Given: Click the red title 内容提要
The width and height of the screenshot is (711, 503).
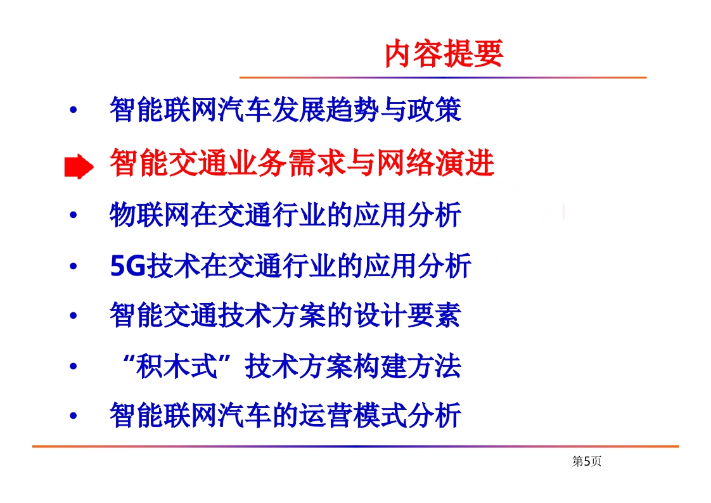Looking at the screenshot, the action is (444, 53).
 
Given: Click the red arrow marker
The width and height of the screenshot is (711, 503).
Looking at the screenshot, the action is (79, 167).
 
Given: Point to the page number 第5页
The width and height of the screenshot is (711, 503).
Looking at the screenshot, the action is (587, 461).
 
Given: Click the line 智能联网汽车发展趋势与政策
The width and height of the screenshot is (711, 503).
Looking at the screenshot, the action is (286, 109).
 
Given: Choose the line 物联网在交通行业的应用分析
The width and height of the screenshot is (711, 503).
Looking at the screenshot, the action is (286, 214).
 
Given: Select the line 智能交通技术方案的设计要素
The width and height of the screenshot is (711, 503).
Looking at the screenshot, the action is (286, 315).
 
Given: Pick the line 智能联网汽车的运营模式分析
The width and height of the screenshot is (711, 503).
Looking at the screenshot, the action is (286, 415).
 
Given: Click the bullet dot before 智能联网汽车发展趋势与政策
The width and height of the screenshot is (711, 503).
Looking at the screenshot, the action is (73, 109).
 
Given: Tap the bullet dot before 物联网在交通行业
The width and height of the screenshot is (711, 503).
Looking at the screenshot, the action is (73, 215).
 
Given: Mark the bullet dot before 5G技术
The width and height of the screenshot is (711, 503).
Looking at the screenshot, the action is (73, 266).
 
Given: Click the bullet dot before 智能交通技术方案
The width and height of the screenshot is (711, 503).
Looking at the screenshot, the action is (73, 315).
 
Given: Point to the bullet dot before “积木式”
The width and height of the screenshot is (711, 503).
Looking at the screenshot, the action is (73, 366).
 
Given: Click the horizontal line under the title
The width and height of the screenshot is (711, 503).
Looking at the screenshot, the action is (443, 77).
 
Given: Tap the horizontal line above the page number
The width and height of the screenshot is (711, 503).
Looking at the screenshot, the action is (355, 447).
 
